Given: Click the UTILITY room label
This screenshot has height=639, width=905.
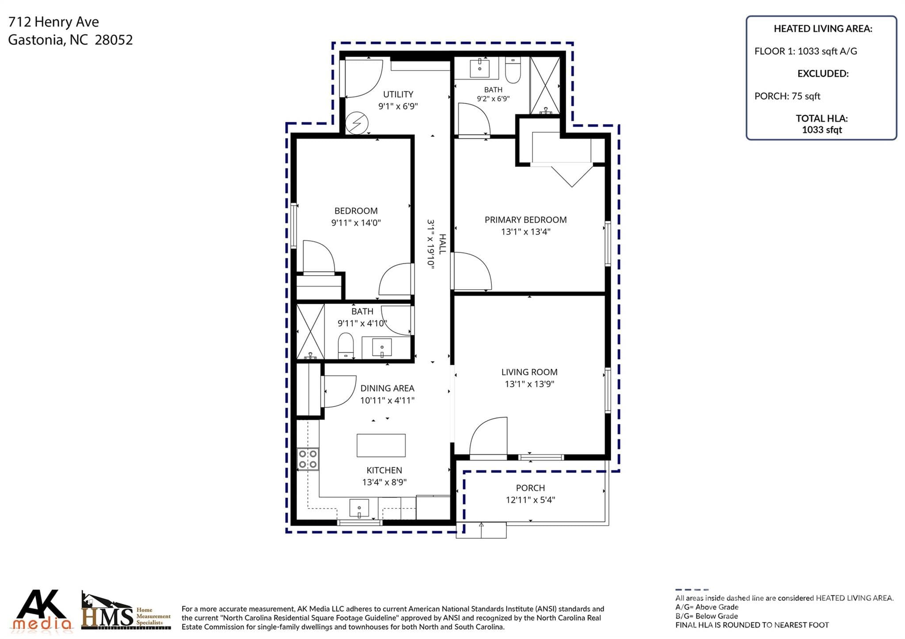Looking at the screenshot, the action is pyautogui.click(x=398, y=95).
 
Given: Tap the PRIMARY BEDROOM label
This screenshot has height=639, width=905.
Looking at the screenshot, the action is pyautogui.click(x=525, y=220).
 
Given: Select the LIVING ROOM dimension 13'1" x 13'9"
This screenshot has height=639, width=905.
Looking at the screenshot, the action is pyautogui.click(x=529, y=384).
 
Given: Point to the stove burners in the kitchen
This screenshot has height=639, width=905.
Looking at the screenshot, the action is pyautogui.click(x=308, y=459).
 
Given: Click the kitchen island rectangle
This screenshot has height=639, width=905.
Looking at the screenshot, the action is pyautogui.click(x=381, y=445).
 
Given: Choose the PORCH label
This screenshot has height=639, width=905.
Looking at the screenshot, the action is pyautogui.click(x=530, y=488).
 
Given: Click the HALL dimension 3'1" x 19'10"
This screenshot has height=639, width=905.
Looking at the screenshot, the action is pyautogui.click(x=431, y=243).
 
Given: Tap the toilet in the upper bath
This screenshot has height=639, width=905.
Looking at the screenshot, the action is pyautogui.click(x=513, y=70).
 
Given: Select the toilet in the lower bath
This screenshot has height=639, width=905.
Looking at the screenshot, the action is pyautogui.click(x=346, y=345).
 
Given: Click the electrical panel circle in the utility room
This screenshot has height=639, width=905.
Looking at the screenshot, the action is pyautogui.click(x=356, y=123).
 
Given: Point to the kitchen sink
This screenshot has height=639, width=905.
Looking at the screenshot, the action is pyautogui.click(x=359, y=508).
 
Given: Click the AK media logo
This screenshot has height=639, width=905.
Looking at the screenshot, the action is pyautogui.click(x=42, y=609).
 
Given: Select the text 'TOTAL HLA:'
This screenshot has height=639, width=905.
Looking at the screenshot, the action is pyautogui.click(x=821, y=118).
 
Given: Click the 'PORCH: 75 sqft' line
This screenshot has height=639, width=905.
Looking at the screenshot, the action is pyautogui.click(x=787, y=96).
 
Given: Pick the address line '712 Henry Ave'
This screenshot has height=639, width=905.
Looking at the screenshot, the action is pyautogui.click(x=53, y=22).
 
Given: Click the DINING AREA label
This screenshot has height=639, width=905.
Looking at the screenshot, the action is pyautogui.click(x=387, y=389).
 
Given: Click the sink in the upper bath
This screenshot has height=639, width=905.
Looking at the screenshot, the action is pyautogui.click(x=479, y=68).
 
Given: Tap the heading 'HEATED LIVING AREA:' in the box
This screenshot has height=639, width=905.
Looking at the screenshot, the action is pyautogui.click(x=823, y=29).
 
